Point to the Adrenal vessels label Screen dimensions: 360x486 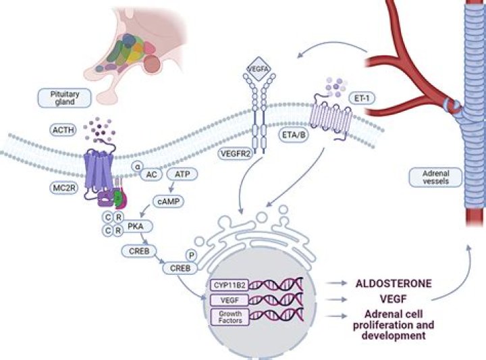[431, 176]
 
